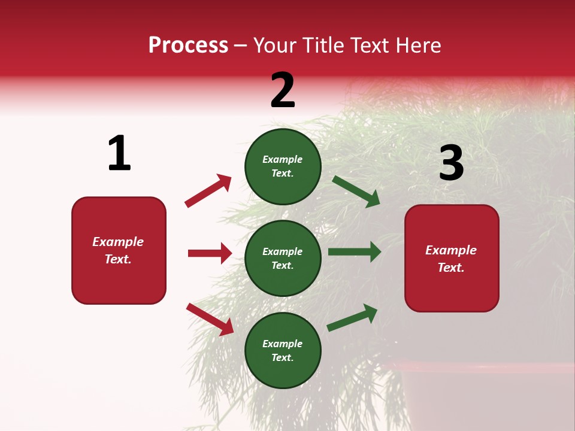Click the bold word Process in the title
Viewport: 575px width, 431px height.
pos(188,45)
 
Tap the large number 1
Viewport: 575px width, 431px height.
pos(119,153)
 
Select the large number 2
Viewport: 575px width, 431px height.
pos(283,90)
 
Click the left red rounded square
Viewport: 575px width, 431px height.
pos(119,250)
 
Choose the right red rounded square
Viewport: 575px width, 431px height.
pos(452,259)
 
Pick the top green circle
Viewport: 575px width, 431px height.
pos(283,166)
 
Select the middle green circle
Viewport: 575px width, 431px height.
pos(283,258)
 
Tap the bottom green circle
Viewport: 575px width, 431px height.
pos(283,350)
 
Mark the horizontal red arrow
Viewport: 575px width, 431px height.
pos(210,253)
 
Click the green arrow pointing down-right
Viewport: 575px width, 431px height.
pos(356,192)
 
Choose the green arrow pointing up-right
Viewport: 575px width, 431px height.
pos(352,317)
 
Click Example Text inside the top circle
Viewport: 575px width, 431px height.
pos(283,166)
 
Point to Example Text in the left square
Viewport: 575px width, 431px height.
pos(118,250)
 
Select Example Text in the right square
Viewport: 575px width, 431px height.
pos(451,259)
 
